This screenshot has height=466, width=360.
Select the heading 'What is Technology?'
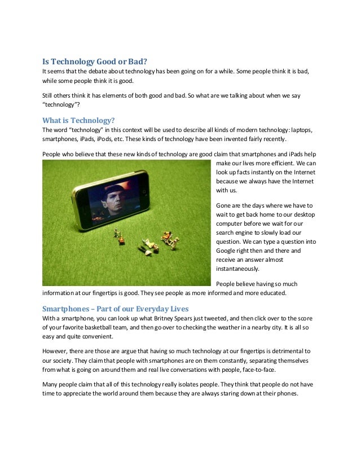[79, 120]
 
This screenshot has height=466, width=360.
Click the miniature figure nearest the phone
[118, 235]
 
